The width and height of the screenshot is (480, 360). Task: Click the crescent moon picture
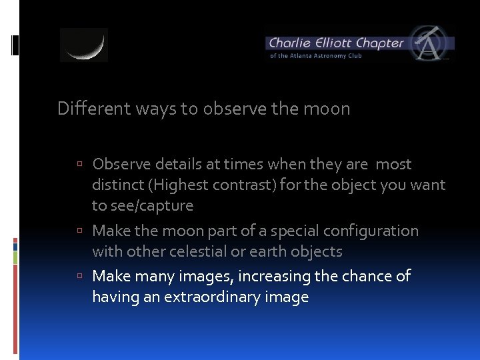(84, 45)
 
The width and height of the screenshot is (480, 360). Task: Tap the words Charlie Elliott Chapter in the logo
(336, 43)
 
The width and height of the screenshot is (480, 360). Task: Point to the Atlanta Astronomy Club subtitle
(316, 56)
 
